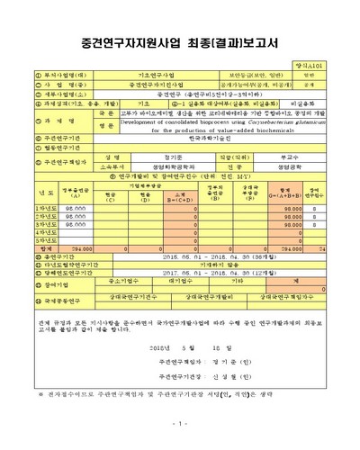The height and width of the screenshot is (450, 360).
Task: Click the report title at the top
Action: pos(180,43)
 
